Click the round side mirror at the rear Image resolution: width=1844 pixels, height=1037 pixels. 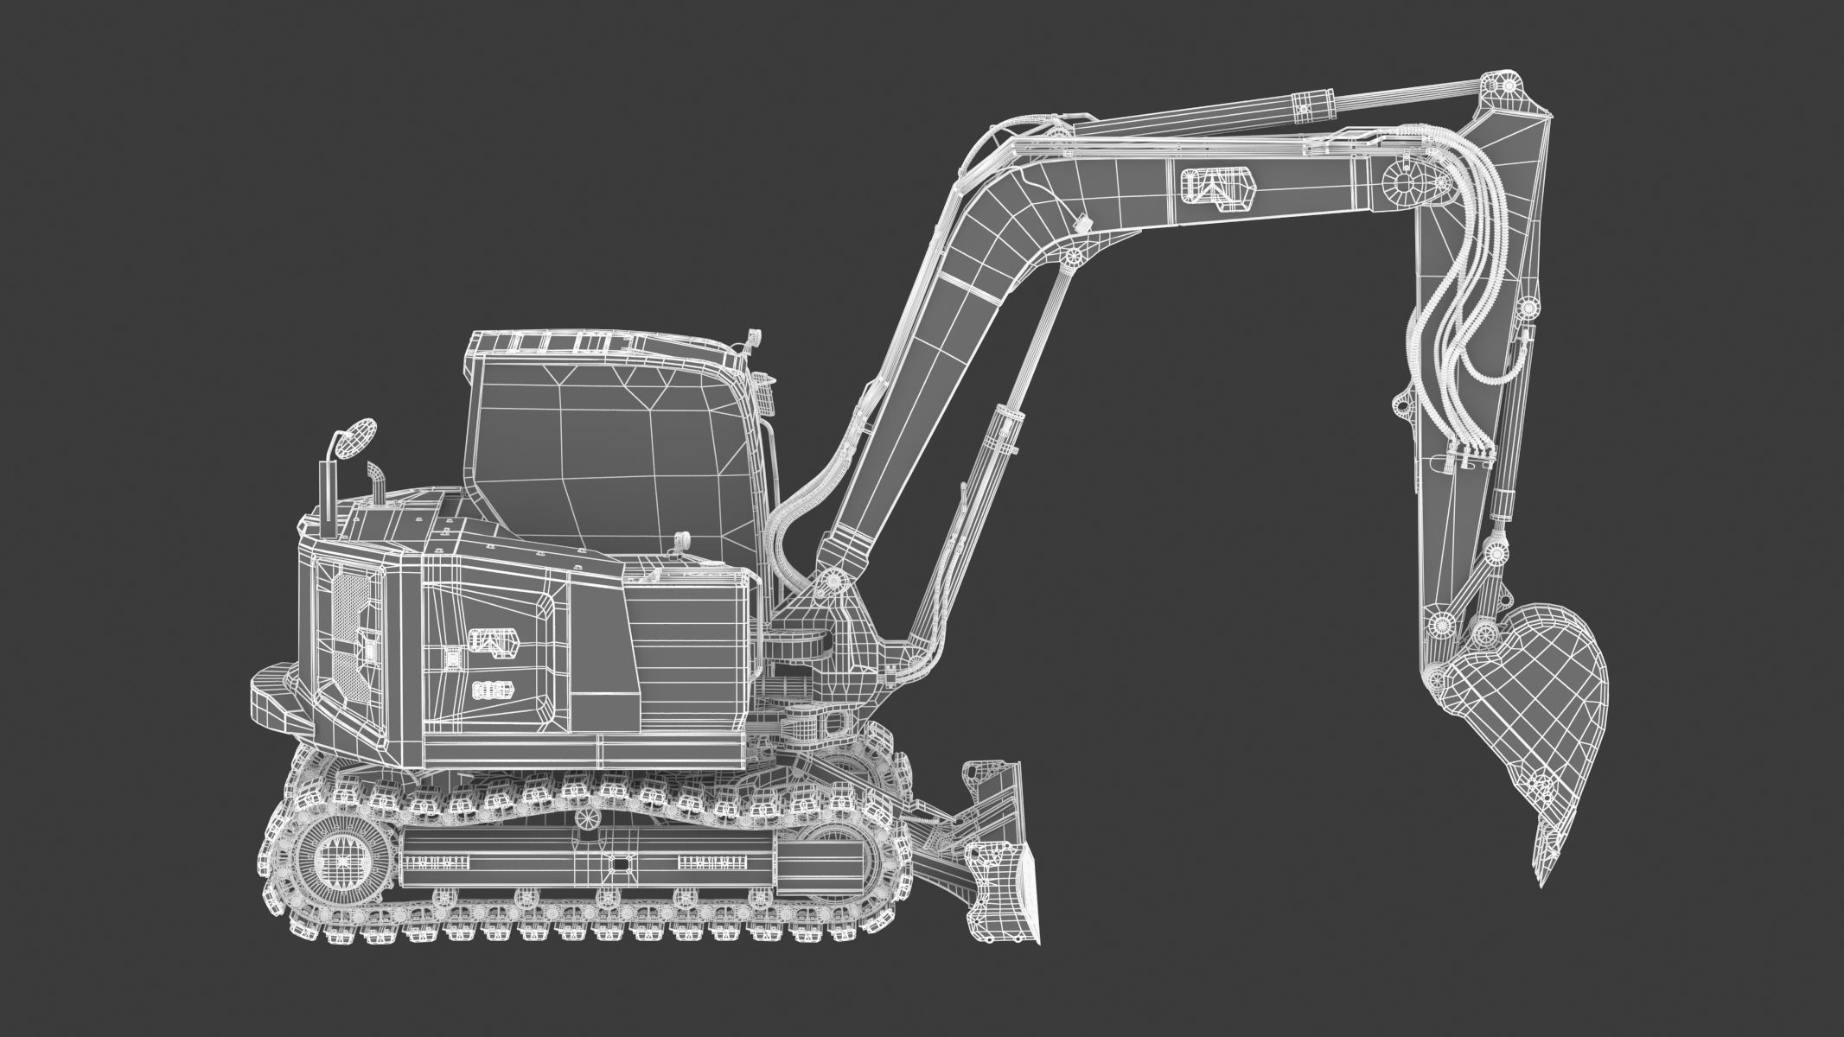point(356,439)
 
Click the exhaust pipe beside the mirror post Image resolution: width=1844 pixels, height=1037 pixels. point(376,484)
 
